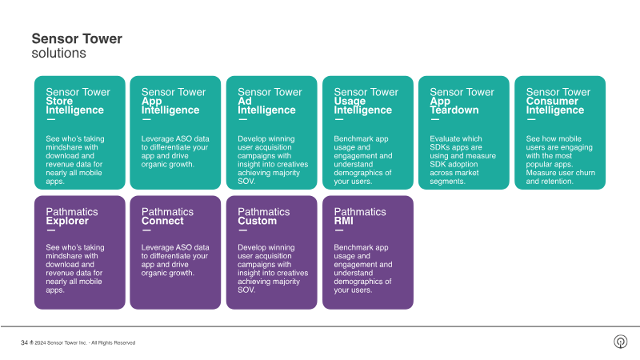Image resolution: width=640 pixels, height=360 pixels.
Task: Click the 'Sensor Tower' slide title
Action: [x=77, y=38]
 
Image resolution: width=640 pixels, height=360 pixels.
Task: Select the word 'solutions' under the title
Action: [x=58, y=53]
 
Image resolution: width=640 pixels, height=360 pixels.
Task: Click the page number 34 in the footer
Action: [x=24, y=342]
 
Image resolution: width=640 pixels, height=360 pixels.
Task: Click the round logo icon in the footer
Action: [x=620, y=342]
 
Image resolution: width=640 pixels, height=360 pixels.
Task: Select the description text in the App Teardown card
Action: [x=461, y=160]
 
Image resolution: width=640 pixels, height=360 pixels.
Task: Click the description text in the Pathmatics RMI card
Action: [x=363, y=269]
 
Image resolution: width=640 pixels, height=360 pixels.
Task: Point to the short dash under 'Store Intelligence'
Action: [x=50, y=119]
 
